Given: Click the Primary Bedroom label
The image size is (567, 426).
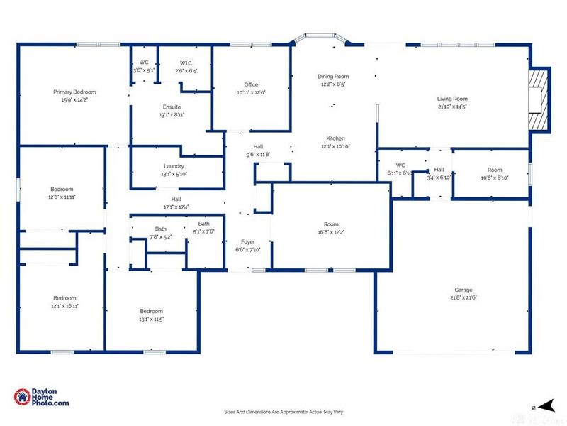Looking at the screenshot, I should point(74,92).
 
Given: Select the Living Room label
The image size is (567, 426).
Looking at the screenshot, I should point(451,99).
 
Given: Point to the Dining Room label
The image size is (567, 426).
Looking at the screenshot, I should point(332,76).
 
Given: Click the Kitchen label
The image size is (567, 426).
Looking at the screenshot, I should point(335,138).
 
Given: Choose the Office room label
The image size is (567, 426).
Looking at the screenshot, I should point(250,84).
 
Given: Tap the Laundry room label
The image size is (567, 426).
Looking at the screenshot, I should point(174,165).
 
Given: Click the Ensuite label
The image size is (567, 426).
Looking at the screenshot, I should point(172,106).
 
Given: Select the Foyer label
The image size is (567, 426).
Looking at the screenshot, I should point(247,242).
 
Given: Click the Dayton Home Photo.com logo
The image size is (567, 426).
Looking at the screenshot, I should point(42,398).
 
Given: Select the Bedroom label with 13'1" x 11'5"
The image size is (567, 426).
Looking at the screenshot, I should point(151,311).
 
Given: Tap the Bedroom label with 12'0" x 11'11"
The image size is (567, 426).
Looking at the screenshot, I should point(62,189).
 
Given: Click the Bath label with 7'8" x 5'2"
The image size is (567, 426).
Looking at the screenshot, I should point(161,229).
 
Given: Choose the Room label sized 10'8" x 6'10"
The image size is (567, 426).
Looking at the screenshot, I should point(494,170).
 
